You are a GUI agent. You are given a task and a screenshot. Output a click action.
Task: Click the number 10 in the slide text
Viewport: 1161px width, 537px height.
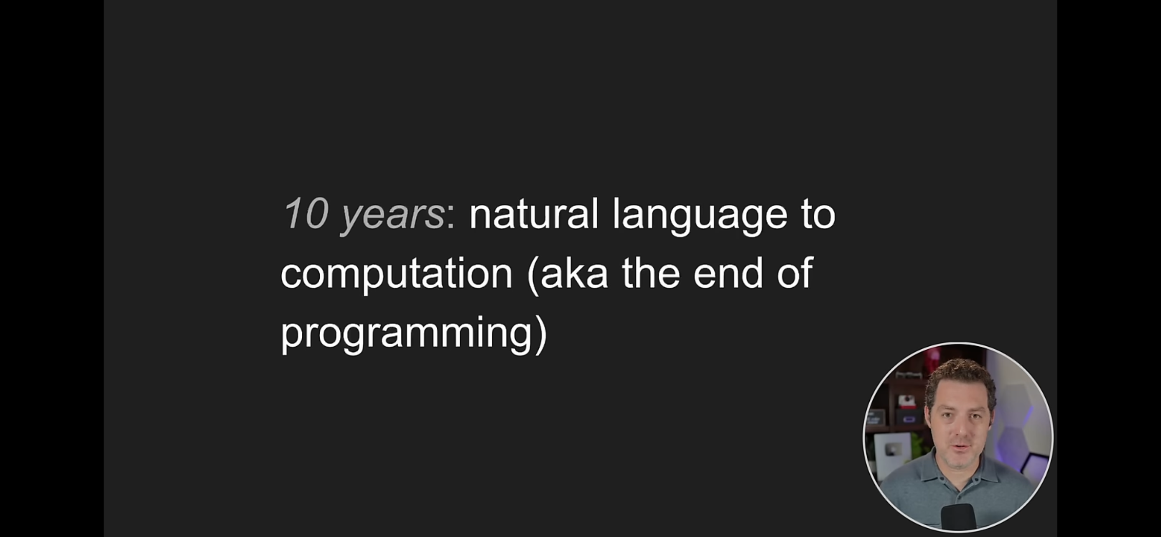306,214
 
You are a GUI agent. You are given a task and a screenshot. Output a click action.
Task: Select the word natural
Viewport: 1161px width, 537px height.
534,213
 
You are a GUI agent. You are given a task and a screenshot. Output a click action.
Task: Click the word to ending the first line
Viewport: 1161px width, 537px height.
818,215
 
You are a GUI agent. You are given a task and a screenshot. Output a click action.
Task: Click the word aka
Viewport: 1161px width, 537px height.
574,273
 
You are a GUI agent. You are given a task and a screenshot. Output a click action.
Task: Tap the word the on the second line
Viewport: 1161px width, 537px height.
651,273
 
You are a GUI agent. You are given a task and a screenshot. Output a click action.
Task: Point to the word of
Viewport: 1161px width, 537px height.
795,273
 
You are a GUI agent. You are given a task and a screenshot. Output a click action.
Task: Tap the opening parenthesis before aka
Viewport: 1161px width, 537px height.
533,275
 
